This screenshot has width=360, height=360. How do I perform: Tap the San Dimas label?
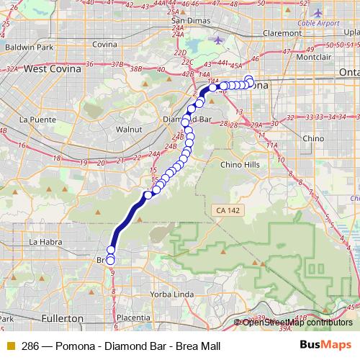[189, 20]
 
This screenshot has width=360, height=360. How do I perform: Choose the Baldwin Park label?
[29, 48]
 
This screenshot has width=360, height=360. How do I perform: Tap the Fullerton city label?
[60, 318]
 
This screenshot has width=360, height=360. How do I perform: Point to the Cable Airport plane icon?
[318, 13]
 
